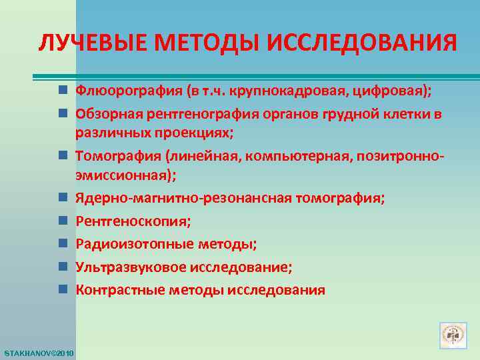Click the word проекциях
click(x=197, y=131)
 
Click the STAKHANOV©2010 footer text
click(x=38, y=351)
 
